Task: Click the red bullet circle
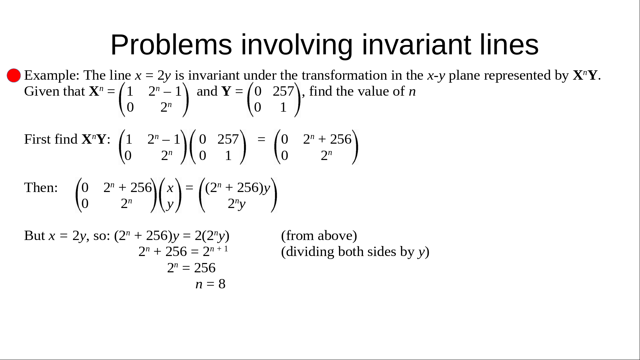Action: click(x=14, y=75)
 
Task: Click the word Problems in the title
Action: click(x=171, y=45)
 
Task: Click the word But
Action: click(x=35, y=236)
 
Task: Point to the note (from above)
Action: click(x=319, y=236)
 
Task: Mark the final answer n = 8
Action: click(x=210, y=284)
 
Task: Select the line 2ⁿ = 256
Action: click(x=191, y=268)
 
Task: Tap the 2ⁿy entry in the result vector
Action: click(x=237, y=204)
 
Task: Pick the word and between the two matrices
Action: click(x=207, y=91)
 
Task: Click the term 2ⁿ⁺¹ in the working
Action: click(x=215, y=251)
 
